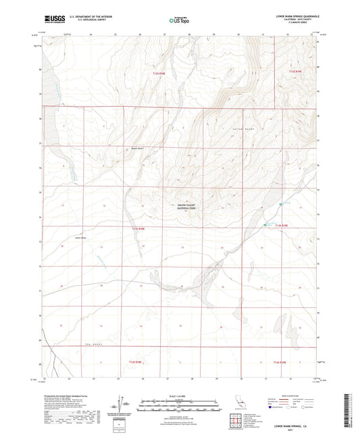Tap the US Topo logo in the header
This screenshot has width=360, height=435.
(x=178, y=20)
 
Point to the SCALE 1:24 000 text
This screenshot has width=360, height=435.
(x=179, y=395)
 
